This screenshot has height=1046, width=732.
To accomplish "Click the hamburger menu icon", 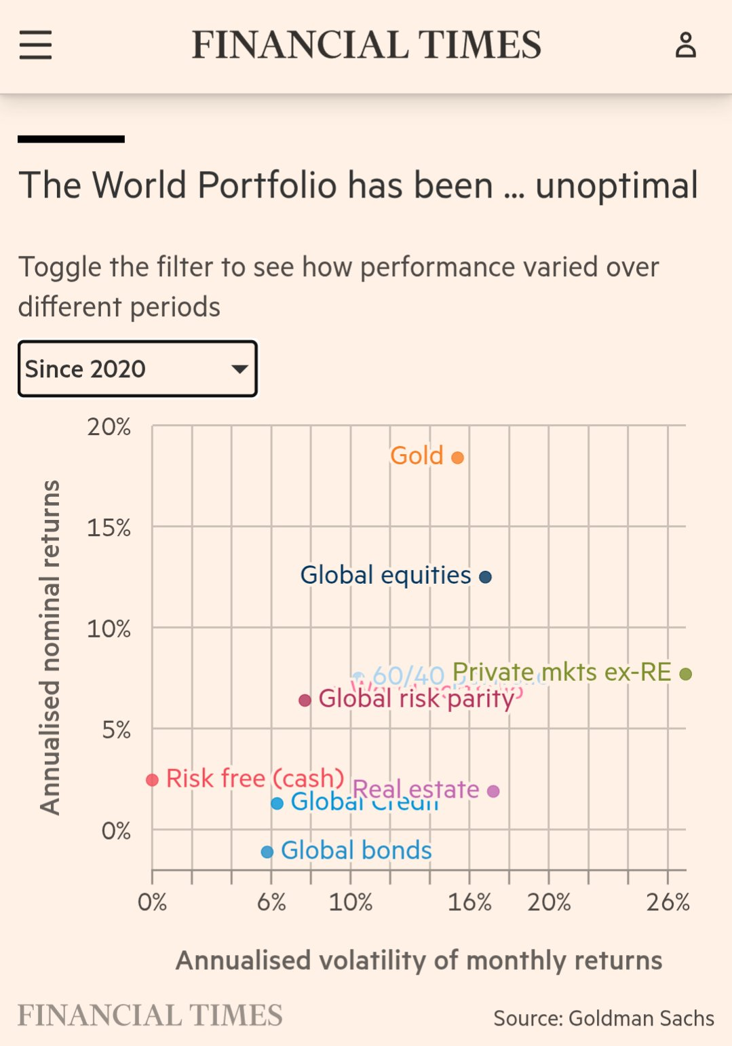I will (x=35, y=45).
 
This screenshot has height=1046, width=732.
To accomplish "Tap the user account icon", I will (x=685, y=45).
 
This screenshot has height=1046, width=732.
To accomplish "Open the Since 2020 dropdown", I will (x=138, y=369).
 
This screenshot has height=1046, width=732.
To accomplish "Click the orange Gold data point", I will (x=457, y=457).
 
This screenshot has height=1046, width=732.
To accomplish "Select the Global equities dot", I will (x=485, y=577).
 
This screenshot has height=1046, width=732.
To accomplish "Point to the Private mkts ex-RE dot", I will (x=685, y=674).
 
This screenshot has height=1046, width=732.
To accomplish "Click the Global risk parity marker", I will (x=305, y=700).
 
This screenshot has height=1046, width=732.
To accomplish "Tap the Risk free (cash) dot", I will (x=153, y=780).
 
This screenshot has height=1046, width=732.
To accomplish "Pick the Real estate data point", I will (x=493, y=791).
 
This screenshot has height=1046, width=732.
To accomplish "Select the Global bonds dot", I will (x=267, y=851).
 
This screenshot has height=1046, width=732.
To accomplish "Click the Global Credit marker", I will (x=277, y=804).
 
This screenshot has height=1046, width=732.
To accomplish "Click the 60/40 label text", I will (x=408, y=675).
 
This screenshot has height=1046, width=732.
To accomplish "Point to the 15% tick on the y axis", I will (x=109, y=527).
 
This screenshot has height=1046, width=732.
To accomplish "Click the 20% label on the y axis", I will (x=109, y=427).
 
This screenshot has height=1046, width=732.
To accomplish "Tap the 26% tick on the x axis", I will (x=668, y=902).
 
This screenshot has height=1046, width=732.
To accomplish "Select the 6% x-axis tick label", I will (x=271, y=902).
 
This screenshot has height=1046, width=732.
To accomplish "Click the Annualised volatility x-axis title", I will (x=419, y=960).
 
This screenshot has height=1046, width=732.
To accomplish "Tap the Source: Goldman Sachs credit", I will (x=604, y=1018).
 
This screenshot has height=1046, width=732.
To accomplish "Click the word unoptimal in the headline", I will (x=616, y=185).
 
